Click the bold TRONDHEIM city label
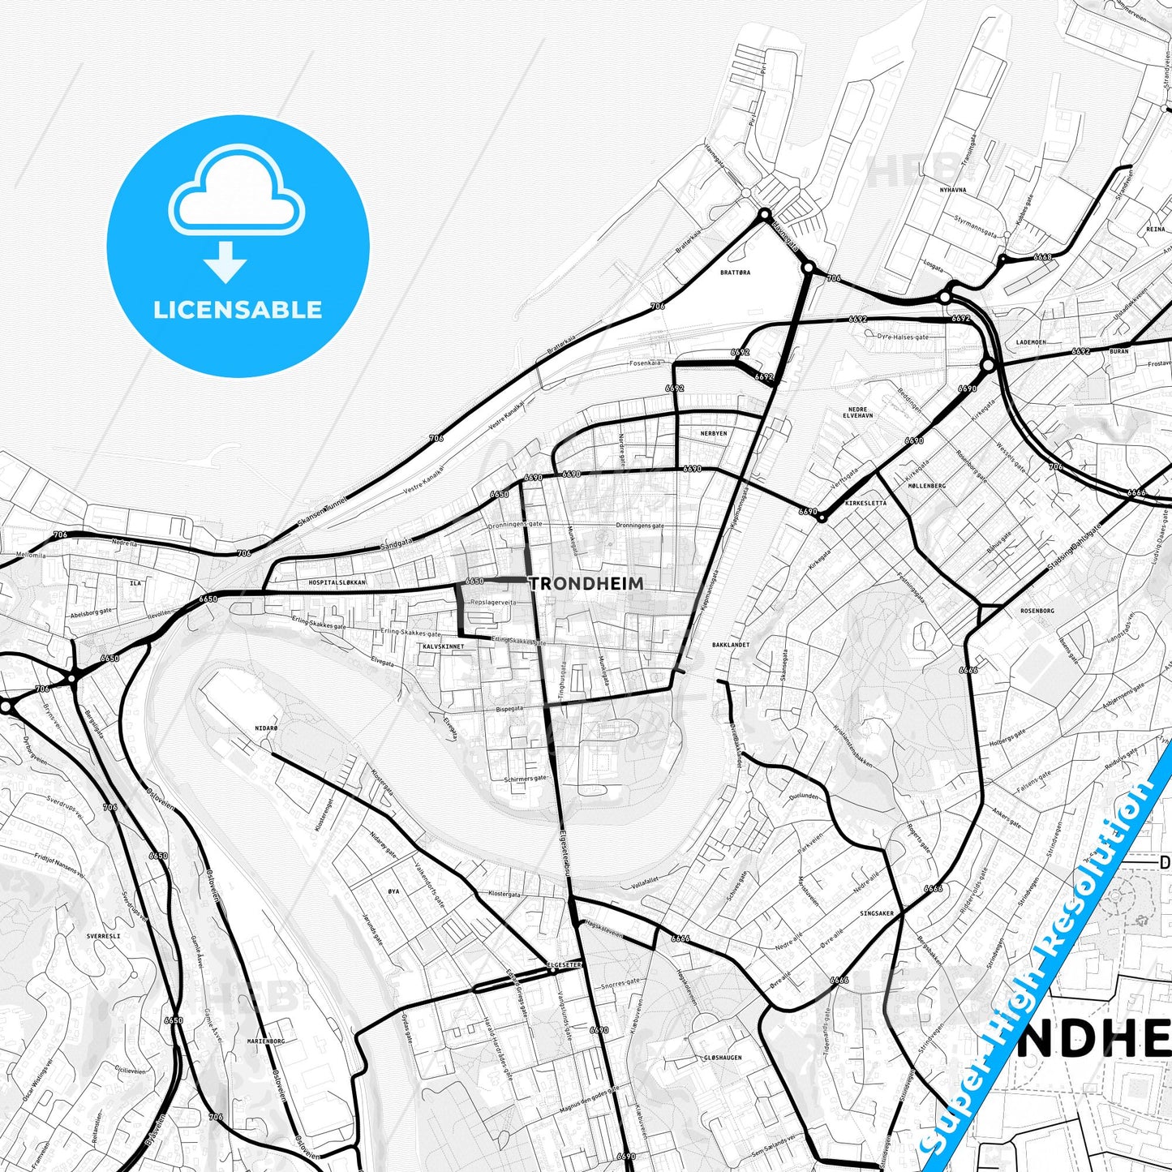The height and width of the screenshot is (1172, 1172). click(586, 583)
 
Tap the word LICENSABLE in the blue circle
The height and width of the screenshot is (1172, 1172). click(238, 309)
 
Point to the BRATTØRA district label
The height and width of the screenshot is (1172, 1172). click(735, 273)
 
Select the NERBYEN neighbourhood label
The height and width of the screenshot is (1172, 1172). click(714, 434)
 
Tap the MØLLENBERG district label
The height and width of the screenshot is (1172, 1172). click(928, 486)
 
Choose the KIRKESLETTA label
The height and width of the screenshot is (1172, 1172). click(865, 503)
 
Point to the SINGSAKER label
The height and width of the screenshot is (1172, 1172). click(877, 913)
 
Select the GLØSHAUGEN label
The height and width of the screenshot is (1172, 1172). click(723, 1058)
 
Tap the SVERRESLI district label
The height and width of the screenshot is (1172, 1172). click(103, 936)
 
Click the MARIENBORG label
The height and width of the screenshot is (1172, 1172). click(266, 1041)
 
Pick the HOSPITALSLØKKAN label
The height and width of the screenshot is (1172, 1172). click(337, 583)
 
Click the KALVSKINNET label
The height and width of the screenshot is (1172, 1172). click(444, 646)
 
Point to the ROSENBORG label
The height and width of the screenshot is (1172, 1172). click(1037, 611)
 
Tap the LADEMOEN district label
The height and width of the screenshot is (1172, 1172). click(1030, 342)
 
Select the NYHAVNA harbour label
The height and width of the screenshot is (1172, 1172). click(952, 190)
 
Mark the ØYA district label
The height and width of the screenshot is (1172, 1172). click(393, 891)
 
